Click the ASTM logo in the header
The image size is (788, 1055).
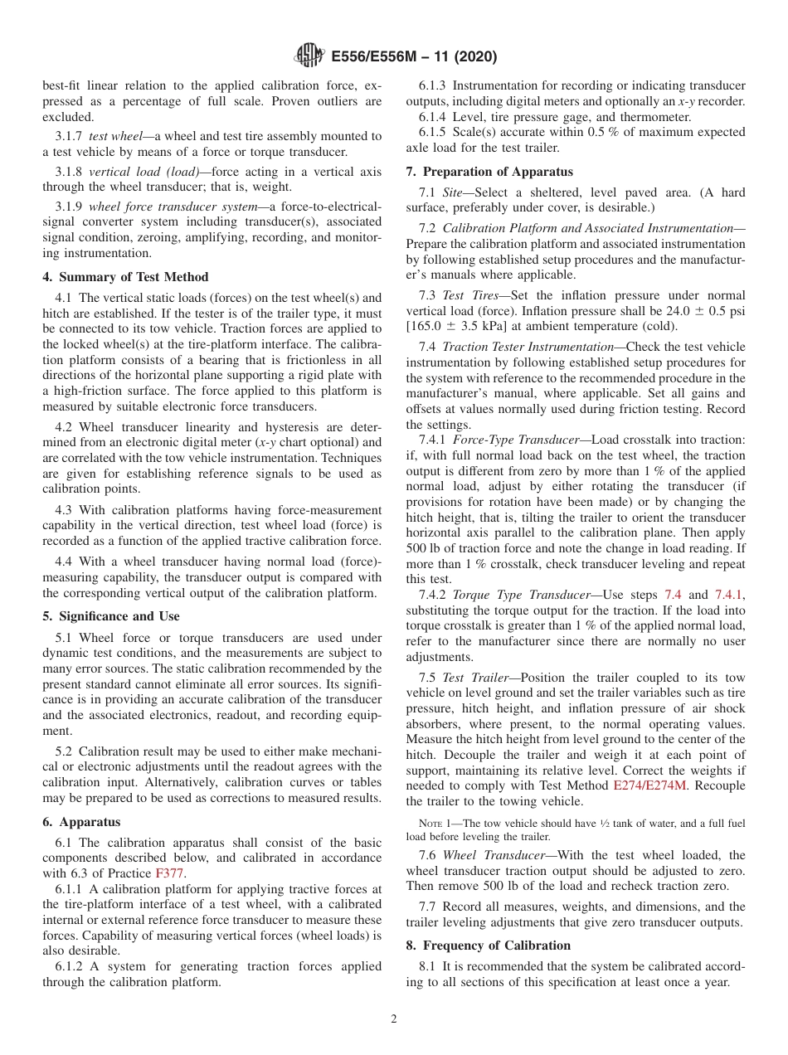pyautogui.click(x=309, y=56)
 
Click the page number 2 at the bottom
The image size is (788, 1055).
pyautogui.click(x=394, y=1019)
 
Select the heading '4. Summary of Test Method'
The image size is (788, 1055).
pyautogui.click(x=125, y=277)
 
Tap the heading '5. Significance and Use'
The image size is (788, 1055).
pyautogui.click(x=111, y=616)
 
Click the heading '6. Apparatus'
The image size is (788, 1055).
pyautogui.click(x=81, y=822)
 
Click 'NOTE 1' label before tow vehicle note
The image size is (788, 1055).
pyautogui.click(x=437, y=823)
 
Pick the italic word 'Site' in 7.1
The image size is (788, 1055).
pyautogui.click(x=453, y=192)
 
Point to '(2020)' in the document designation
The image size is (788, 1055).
pyautogui.click(x=475, y=56)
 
